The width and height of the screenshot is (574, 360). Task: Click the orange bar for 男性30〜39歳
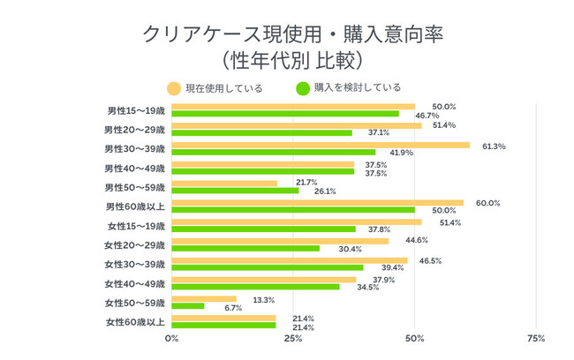pos(321,145)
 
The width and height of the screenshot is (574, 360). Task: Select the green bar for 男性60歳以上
pos(293,209)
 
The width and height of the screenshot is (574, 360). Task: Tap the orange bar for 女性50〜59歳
pos(204,299)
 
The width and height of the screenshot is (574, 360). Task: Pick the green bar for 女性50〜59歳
pos(188,306)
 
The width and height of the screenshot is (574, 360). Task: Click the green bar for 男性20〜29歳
pos(261,132)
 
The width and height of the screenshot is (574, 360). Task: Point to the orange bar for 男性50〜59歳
pos(224,184)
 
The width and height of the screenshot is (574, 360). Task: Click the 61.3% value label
pos(493,146)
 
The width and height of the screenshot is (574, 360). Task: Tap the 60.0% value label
pos(487,203)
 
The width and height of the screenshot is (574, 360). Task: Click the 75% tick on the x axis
pos(535,338)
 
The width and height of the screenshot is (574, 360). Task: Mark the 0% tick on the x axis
pos(172,338)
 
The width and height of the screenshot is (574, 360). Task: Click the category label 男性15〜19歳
pos(135,110)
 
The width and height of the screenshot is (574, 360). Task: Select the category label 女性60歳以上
pos(135,322)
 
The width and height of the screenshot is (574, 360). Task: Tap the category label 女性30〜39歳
pos(135,264)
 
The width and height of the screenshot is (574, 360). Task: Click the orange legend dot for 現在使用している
pos(172,87)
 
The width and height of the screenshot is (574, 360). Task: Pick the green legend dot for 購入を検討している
pos(301,87)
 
